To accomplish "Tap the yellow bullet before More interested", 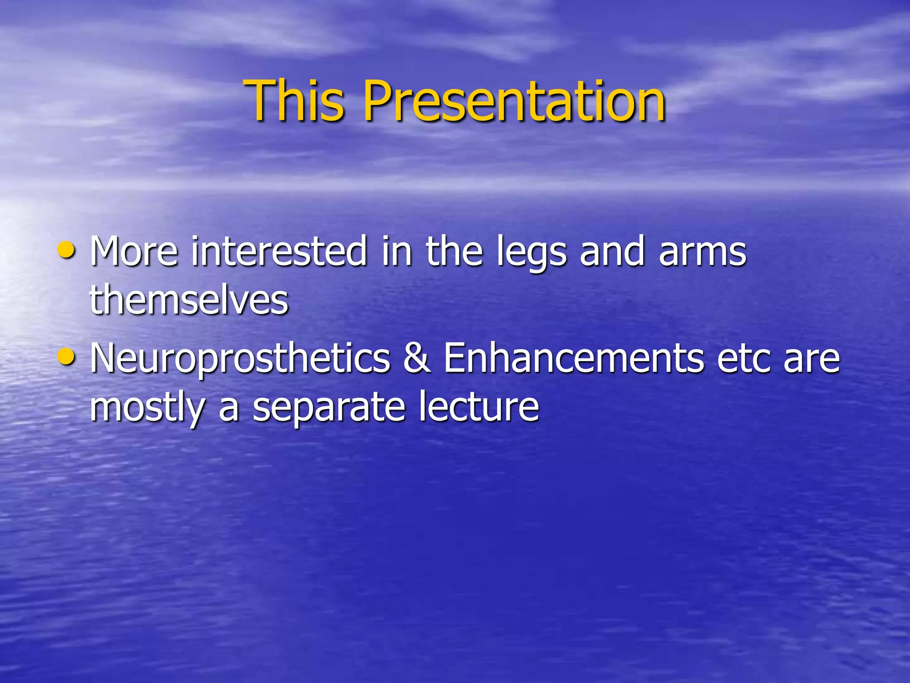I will (67, 250).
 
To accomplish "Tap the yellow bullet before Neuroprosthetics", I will (67, 357).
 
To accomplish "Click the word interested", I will (279, 252).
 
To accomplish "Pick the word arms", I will (702, 253).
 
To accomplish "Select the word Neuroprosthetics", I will (240, 359).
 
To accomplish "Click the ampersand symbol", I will (417, 358).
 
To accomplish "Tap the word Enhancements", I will (574, 358).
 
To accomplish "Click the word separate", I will (329, 408).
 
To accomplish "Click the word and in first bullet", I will (612, 252).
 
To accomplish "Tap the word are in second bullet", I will (811, 359).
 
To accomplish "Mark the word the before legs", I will (454, 252).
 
